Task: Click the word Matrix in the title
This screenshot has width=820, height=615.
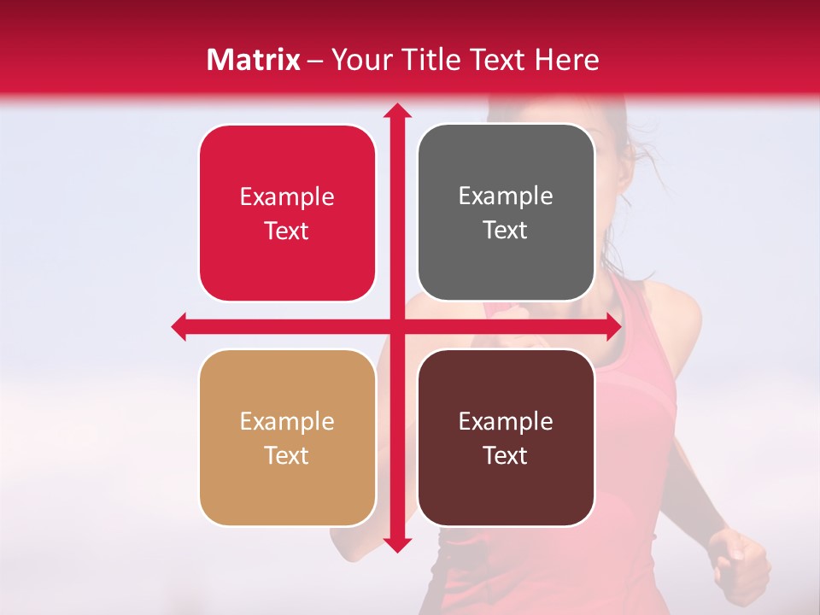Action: pos(254,60)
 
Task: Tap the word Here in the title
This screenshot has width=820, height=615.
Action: pos(566,60)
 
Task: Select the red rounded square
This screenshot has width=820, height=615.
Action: pos(287,213)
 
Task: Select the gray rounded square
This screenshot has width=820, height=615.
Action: pos(506,213)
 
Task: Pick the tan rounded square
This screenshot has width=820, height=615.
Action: pos(287,437)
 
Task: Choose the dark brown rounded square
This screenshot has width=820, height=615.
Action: pos(506,437)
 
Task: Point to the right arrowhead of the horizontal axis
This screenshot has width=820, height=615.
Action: pos(613,326)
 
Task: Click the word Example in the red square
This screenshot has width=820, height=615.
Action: pos(287,196)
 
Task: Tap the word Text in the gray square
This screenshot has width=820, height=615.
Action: pos(506,231)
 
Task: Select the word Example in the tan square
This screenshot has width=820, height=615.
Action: pos(287,421)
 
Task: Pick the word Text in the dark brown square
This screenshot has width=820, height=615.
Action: pos(506,455)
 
